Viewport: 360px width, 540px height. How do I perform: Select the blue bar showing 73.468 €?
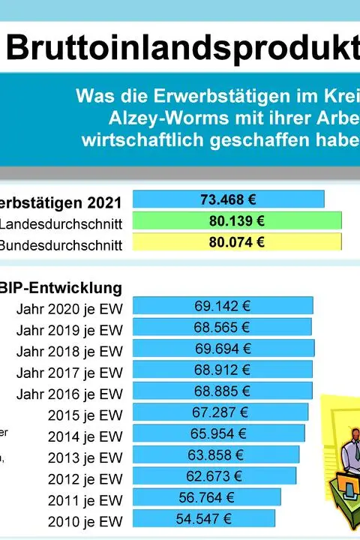(x=228, y=199)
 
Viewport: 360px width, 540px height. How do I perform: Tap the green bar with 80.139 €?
(x=237, y=220)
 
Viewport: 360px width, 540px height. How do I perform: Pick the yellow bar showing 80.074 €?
(x=237, y=241)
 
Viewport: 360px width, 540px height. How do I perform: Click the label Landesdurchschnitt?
(x=61, y=223)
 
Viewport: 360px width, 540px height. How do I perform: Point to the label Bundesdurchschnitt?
(x=61, y=244)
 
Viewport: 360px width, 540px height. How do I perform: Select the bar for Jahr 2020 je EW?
(x=223, y=306)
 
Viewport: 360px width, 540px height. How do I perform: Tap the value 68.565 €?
(x=222, y=327)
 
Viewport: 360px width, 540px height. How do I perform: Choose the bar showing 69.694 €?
(x=223, y=349)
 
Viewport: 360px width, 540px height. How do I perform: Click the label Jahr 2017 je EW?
(x=69, y=372)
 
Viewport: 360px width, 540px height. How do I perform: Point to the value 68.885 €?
(x=222, y=391)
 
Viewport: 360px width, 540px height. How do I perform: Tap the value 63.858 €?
(x=217, y=454)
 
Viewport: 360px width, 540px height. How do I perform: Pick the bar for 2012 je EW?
(x=214, y=476)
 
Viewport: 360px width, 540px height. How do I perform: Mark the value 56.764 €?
(x=207, y=497)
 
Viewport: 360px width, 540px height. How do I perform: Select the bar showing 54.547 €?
(x=204, y=518)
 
